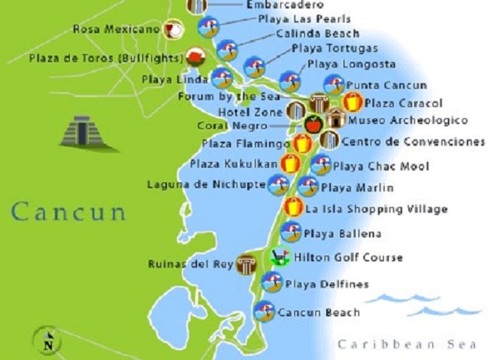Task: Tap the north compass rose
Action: (49, 342)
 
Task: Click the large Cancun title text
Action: (68, 211)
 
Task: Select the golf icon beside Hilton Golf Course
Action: (280, 256)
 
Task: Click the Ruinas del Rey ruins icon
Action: (246, 265)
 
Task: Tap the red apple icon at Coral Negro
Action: (312, 125)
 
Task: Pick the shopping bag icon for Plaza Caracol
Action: (353, 103)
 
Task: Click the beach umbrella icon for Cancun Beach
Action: (265, 311)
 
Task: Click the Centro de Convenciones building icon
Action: (329, 141)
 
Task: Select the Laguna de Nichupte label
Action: (206, 185)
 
